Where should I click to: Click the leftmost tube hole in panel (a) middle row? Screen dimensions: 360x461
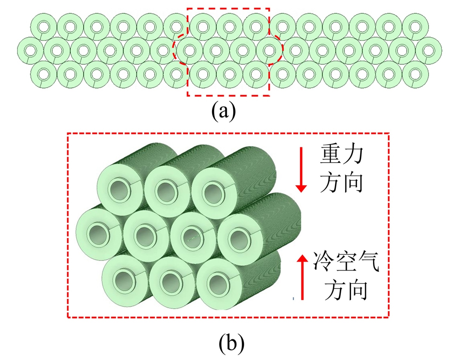point(31,51)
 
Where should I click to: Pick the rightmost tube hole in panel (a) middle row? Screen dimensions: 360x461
point(428,51)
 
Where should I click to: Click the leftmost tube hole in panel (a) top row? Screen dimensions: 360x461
point(44,27)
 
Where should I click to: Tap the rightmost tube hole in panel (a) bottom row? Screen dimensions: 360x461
point(415,74)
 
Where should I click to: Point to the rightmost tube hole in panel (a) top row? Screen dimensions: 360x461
point(415,27)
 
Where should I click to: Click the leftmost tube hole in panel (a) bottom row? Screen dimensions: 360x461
point(44,74)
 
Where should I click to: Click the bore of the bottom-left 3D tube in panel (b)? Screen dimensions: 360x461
point(123,280)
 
